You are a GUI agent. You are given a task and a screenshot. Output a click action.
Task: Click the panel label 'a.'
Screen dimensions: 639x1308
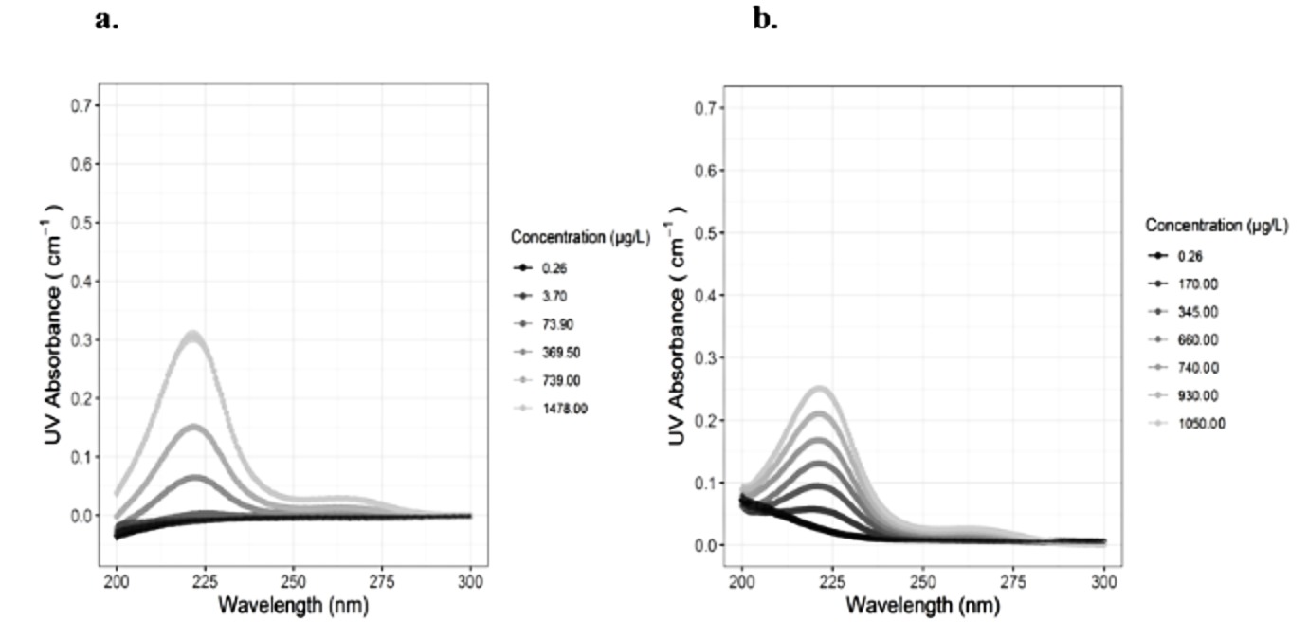(x=107, y=19)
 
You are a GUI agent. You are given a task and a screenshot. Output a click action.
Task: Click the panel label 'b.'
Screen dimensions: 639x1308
(x=765, y=19)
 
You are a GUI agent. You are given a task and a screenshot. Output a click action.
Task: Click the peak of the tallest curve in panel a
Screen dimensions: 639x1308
(x=193, y=334)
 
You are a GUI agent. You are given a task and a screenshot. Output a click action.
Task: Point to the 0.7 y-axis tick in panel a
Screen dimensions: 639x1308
(x=84, y=105)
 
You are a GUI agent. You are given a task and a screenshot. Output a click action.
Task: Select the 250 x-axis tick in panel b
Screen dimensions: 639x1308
(x=923, y=580)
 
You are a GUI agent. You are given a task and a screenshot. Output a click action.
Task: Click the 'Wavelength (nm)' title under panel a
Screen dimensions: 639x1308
(x=294, y=604)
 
